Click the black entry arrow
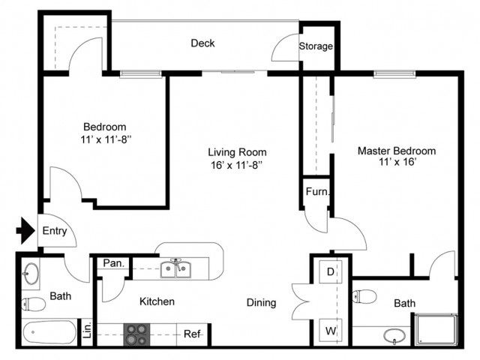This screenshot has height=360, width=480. (25, 230)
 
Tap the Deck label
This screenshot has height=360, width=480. (202, 43)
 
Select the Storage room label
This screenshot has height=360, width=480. (316, 46)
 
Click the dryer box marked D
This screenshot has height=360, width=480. (330, 271)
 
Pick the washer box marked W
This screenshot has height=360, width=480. (330, 330)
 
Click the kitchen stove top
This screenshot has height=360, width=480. (136, 334)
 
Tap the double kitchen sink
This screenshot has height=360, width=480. (175, 268)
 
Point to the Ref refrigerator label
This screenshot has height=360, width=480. (192, 334)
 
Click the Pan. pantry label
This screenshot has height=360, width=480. (113, 263)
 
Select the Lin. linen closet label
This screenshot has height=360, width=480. (88, 329)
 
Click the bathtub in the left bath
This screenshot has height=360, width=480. (50, 332)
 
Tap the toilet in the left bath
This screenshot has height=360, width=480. (33, 304)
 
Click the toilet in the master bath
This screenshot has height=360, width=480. (364, 296)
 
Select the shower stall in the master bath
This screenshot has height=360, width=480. (436, 329)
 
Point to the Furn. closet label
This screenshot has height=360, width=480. (318, 192)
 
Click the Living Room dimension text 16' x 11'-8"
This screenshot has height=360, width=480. (237, 165)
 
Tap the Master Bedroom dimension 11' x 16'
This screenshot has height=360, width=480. (397, 162)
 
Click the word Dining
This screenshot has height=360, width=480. (262, 303)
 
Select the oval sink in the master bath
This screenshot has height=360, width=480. (394, 336)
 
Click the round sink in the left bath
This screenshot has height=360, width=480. (31, 273)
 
